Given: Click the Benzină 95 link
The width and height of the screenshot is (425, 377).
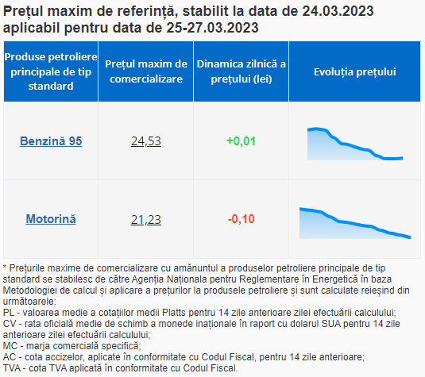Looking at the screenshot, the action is pyautogui.click(x=51, y=141).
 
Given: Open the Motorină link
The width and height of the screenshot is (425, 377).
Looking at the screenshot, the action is pyautogui.click(x=51, y=219).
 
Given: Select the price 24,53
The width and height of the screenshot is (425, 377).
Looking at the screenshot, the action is pyautogui.click(x=146, y=141).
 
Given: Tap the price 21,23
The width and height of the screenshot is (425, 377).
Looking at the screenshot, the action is pyautogui.click(x=146, y=219).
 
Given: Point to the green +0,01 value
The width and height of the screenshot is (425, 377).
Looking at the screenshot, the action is pyautogui.click(x=241, y=141).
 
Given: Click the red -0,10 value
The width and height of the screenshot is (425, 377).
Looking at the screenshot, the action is pyautogui.click(x=241, y=219).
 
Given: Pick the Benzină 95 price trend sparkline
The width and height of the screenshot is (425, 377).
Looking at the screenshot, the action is pyautogui.click(x=355, y=144).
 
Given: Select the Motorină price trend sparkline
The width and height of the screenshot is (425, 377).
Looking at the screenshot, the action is pyautogui.click(x=355, y=223).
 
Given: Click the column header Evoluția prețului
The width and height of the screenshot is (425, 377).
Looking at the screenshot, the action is pyautogui.click(x=355, y=71).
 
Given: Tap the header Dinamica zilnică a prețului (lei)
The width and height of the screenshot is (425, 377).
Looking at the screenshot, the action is pyautogui.click(x=241, y=71).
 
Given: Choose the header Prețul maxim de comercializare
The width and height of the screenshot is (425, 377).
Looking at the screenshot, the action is pyautogui.click(x=146, y=71).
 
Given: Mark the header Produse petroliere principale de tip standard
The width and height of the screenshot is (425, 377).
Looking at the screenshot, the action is pyautogui.click(x=51, y=71).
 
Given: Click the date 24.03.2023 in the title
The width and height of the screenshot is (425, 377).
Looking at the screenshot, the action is pyautogui.click(x=338, y=11).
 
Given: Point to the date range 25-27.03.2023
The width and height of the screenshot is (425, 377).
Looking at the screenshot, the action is pyautogui.click(x=212, y=28).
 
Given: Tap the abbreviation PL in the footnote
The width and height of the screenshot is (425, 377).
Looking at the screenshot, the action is pyautogui.click(x=9, y=313).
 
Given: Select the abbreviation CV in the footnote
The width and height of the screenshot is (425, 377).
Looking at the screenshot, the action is pyautogui.click(x=10, y=324).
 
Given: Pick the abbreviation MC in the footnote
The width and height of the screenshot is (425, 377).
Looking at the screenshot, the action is pyautogui.click(x=10, y=346).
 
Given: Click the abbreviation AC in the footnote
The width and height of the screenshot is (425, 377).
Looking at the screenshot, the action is pyautogui.click(x=10, y=357).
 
